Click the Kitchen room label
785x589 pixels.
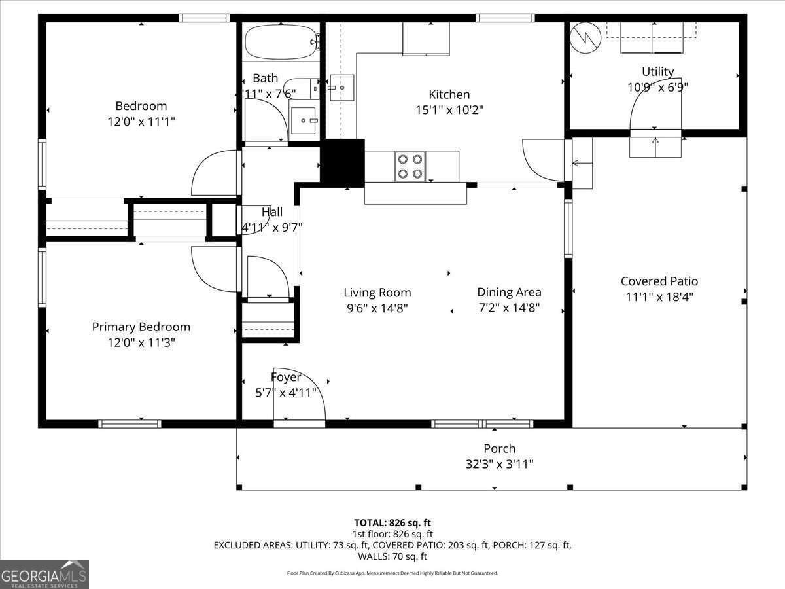tap(449, 94)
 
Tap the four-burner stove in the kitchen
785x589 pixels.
tap(410, 166)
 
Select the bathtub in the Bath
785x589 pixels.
tap(281, 42)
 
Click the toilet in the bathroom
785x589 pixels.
tap(301, 89)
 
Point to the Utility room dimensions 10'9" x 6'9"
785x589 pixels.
tap(658, 87)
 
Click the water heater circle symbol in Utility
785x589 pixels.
tap(585, 38)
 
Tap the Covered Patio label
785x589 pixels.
tap(659, 281)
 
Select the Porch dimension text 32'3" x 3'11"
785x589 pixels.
tap(499, 464)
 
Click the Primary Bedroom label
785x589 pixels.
tap(141, 327)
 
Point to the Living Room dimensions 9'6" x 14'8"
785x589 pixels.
tap(377, 308)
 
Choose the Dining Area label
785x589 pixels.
tap(509, 292)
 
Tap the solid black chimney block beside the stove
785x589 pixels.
tap(342, 163)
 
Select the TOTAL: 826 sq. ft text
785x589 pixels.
tap(392, 523)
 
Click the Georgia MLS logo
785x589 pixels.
tap(44, 574)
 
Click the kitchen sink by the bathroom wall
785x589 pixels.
tap(342, 88)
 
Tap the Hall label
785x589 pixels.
tap(271, 211)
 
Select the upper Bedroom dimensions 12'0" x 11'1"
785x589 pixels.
tap(141, 122)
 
